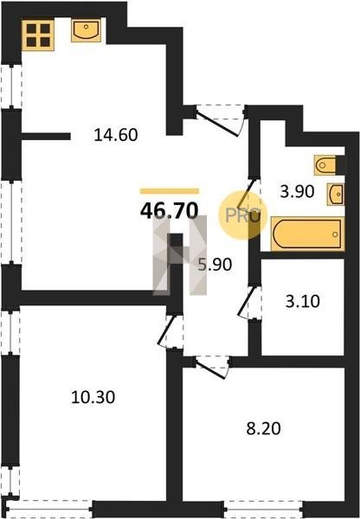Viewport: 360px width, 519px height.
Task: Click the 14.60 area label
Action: [x=116, y=135]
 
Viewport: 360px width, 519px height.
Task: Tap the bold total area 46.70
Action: [x=170, y=211]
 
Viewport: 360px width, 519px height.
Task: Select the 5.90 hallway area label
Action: [x=215, y=265]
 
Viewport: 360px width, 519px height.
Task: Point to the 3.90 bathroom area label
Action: [x=297, y=192]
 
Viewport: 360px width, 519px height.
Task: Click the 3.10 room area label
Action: [x=302, y=302]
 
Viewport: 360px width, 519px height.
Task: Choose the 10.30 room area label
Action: [x=93, y=397]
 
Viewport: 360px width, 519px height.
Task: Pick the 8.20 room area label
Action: [x=263, y=429]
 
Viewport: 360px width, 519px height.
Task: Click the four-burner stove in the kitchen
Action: [x=38, y=35]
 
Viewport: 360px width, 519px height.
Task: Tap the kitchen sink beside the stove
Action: [x=87, y=30]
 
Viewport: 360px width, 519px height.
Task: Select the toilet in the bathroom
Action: [x=325, y=165]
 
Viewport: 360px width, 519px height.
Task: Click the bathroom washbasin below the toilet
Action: [x=336, y=195]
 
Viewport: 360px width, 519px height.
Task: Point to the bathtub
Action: [x=308, y=234]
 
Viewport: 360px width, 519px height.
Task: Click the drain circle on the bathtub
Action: [x=335, y=234]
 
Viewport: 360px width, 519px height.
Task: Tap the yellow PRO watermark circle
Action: [x=243, y=215]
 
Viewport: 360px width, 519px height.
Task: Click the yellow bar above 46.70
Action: [x=170, y=191]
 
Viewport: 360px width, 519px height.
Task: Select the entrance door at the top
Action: [x=221, y=120]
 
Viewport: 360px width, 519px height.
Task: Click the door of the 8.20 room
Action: [x=212, y=367]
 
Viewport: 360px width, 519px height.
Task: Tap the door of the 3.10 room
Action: [x=250, y=303]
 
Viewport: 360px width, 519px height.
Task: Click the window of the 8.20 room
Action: [x=263, y=509]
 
